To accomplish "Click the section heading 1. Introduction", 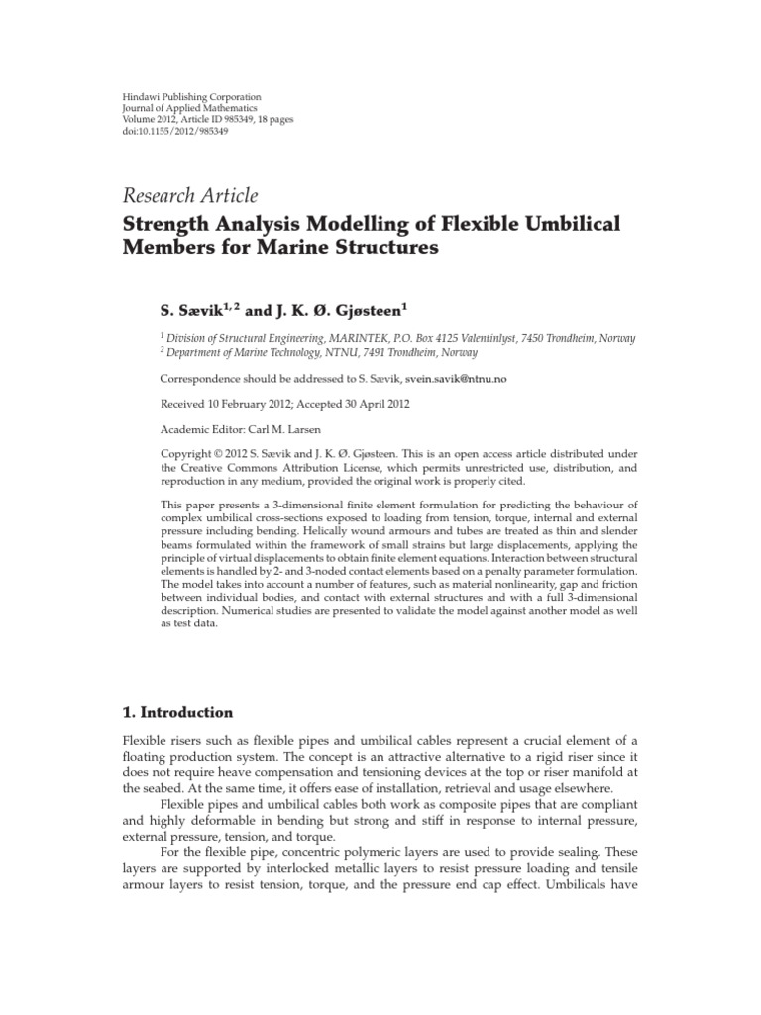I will tap(177, 712).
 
